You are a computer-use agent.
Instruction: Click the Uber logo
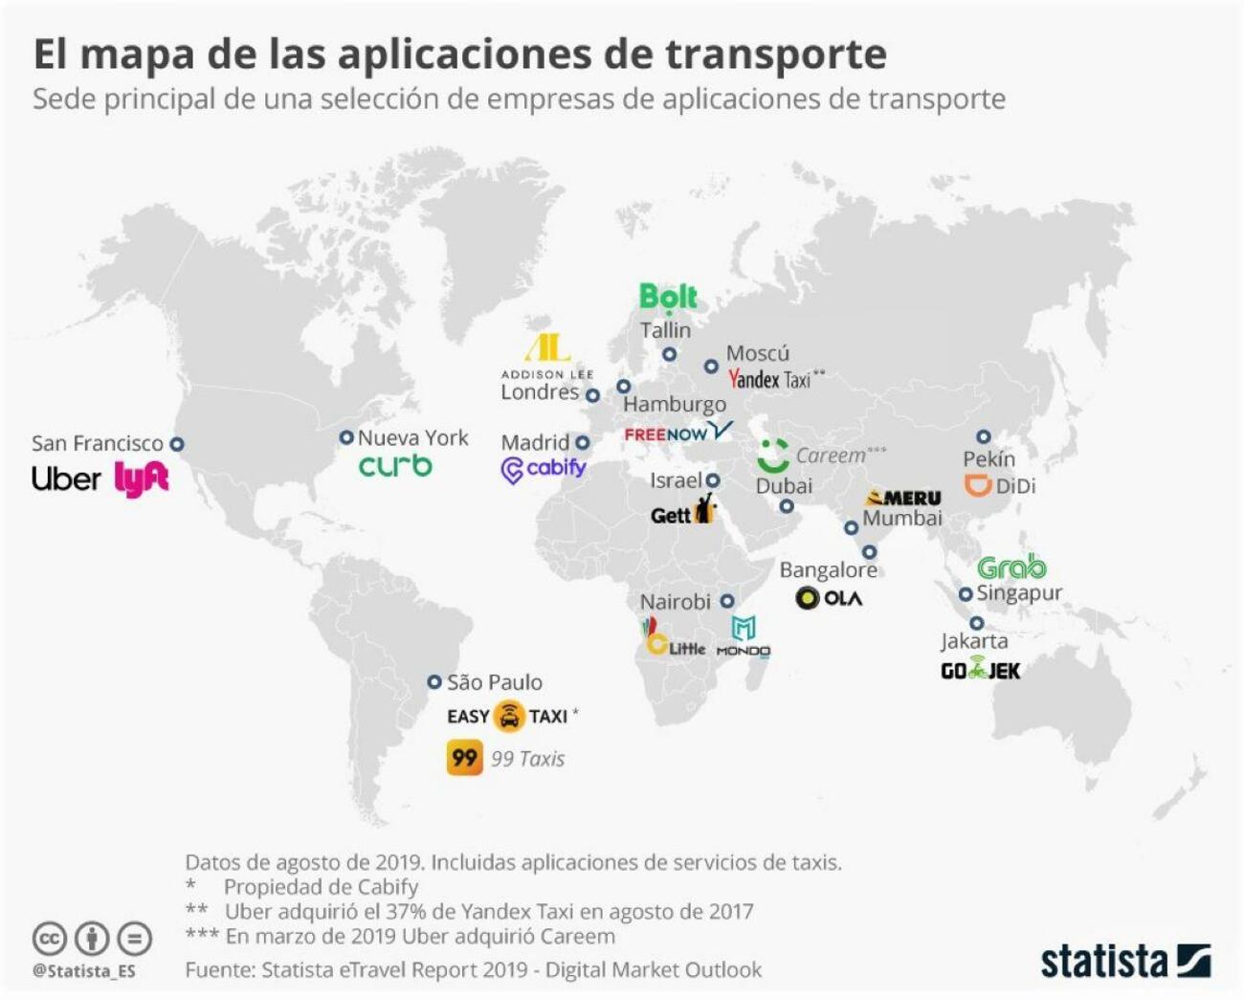[65, 478]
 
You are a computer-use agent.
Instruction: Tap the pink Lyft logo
[142, 478]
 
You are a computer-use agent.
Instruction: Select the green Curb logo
[395, 466]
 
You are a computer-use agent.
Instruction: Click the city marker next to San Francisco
[177, 444]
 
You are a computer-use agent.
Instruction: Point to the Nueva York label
[412, 438]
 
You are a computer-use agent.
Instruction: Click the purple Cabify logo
[544, 469]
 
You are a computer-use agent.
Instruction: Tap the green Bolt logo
[668, 298]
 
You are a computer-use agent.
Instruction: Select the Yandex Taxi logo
[770, 380]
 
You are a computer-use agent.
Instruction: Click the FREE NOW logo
[678, 433]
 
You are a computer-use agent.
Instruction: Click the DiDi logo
[999, 486]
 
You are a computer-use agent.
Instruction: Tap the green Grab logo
[1011, 567]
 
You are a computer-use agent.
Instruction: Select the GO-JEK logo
[980, 671]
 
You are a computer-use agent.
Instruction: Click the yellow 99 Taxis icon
[464, 758]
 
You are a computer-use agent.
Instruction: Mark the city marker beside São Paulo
[434, 682]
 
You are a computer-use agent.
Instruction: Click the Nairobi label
[675, 602]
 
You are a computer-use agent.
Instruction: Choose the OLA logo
[829, 598]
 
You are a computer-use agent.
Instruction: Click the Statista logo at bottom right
[1125, 961]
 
